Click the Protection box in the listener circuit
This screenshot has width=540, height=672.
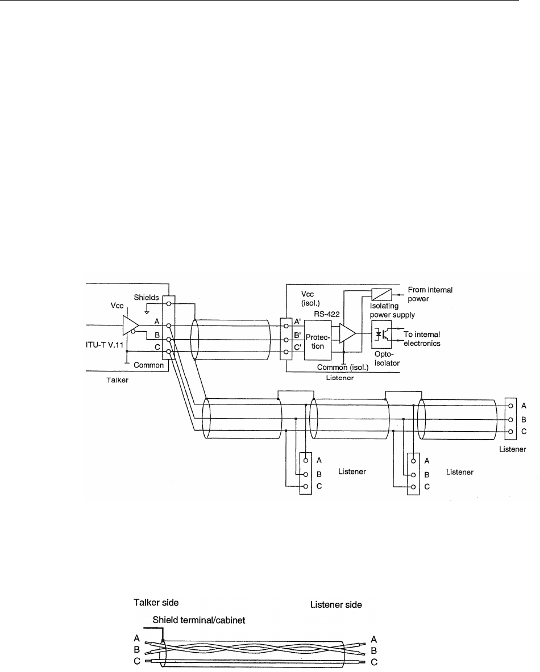coord(319,340)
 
